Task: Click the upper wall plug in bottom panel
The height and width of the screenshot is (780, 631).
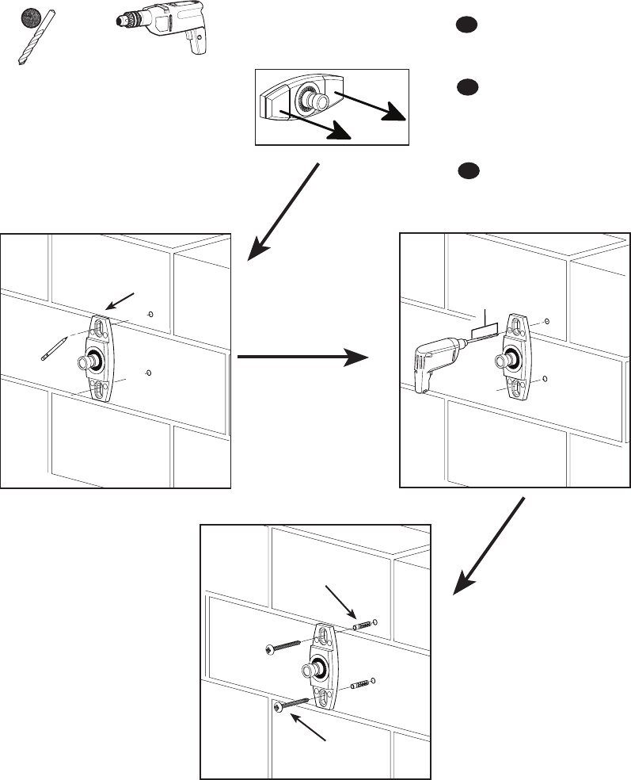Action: pos(360,625)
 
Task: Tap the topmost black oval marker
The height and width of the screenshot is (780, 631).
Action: pos(466,25)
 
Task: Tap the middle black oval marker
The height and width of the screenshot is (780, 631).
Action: pos(466,87)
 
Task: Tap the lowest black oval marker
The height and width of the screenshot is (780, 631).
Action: pos(468,170)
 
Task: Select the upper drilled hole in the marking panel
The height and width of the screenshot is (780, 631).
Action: pos(150,315)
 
